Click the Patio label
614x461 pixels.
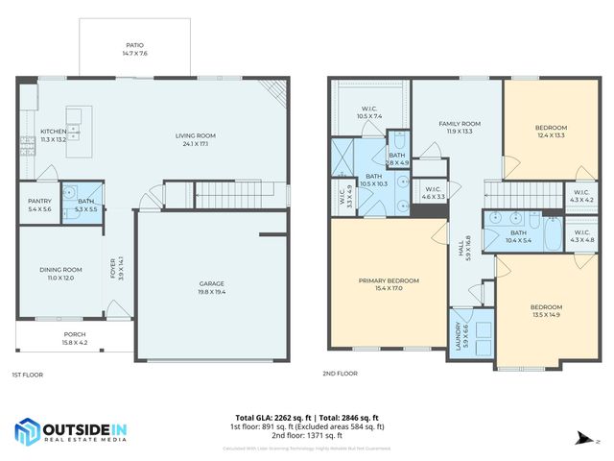click(x=134, y=44)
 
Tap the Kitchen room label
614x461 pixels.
click(x=53, y=132)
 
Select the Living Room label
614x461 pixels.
click(x=195, y=135)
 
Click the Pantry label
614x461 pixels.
click(x=38, y=202)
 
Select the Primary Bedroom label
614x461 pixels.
click(x=389, y=280)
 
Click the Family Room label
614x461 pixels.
click(x=460, y=124)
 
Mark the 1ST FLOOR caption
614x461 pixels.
click(x=28, y=374)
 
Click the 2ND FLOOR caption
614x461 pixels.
click(x=341, y=374)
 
